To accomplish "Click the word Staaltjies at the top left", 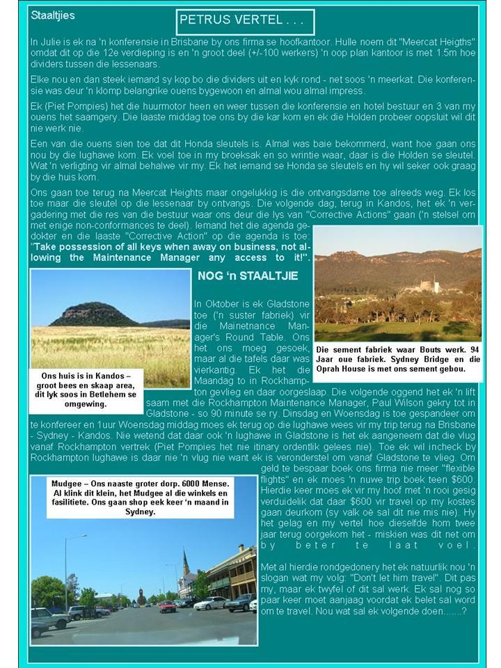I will (52, 14).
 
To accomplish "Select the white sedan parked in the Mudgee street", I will (211, 603).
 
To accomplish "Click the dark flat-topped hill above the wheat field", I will (93, 315).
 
